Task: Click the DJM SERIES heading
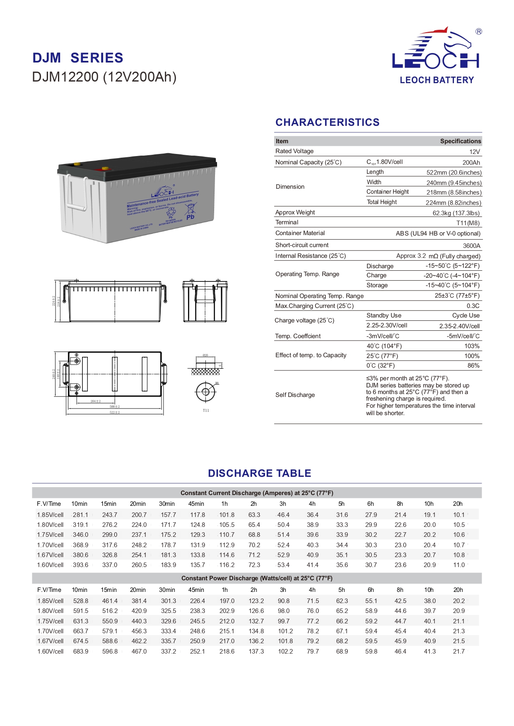(78, 58)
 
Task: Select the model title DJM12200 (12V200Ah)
(104, 77)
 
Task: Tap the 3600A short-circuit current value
(471, 245)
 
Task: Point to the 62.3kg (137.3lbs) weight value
(456, 213)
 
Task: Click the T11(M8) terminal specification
(468, 223)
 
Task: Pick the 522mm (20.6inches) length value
(454, 173)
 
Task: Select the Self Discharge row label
(295, 395)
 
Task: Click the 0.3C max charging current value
(473, 306)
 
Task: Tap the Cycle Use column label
(466, 315)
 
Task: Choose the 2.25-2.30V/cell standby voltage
(387, 325)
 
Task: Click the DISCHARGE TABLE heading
(259, 473)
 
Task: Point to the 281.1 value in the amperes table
(80, 515)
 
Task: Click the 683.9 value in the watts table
(81, 651)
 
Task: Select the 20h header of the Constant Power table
(458, 590)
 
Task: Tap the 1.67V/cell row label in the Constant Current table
(50, 555)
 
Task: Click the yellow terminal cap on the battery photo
(77, 163)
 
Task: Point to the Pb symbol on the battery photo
(190, 217)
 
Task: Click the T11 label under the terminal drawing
(206, 411)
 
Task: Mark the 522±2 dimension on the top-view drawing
(115, 412)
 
